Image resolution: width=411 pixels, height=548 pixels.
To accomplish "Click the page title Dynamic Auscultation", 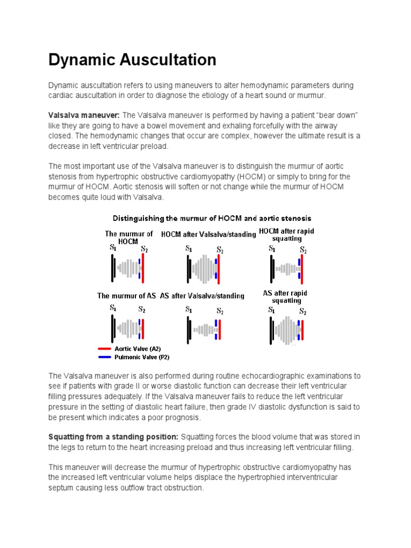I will point(132,59).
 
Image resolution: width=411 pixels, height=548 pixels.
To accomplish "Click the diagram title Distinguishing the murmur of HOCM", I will point(211,218).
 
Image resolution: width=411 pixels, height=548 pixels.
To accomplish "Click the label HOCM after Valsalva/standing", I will point(208,234).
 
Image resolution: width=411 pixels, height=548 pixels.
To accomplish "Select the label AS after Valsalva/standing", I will point(202,295).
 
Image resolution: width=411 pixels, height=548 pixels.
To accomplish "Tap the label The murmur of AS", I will point(127,295).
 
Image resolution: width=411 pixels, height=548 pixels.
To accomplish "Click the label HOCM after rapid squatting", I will point(286,234).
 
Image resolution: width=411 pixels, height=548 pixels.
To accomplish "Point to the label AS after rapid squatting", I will point(285,296).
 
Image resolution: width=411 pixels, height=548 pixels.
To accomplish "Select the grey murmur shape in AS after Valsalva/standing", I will point(203,330).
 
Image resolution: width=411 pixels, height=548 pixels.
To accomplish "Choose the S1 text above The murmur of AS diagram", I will point(113,308).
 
